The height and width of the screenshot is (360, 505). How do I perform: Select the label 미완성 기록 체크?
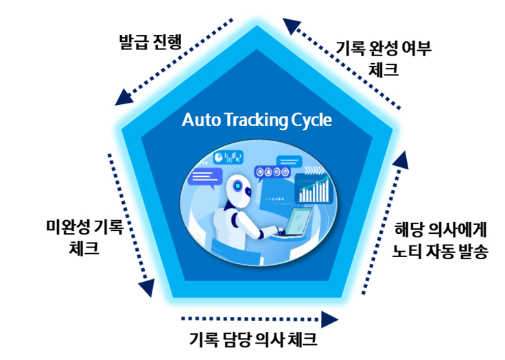pyautogui.click(x=84, y=237)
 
